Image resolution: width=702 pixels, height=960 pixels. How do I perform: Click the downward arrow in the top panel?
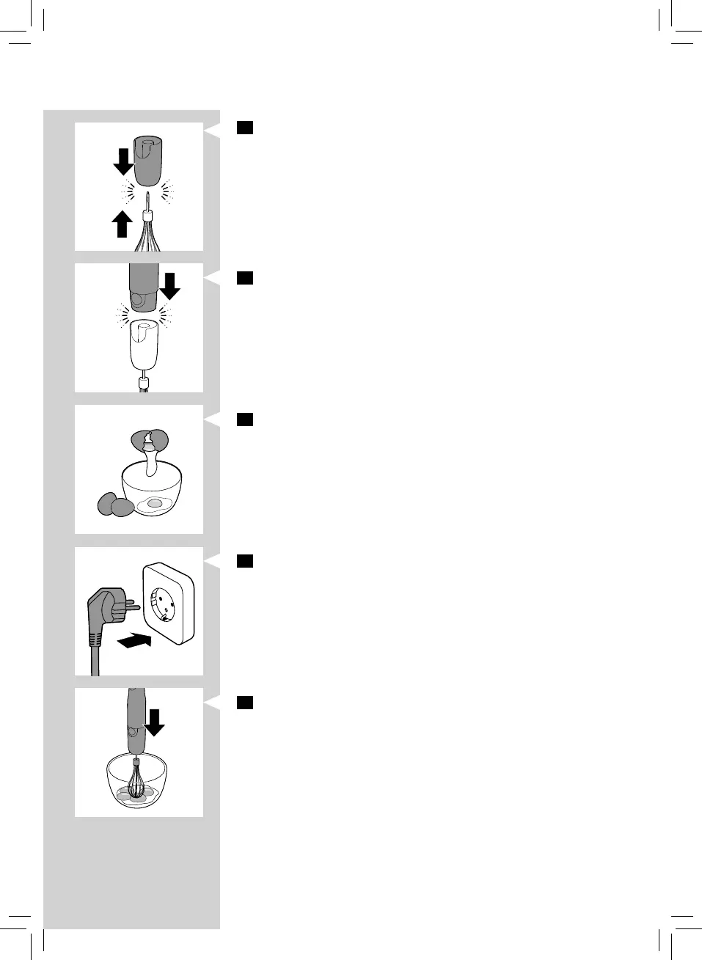click(x=123, y=161)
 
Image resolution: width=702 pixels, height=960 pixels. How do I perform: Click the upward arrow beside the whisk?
click(x=123, y=224)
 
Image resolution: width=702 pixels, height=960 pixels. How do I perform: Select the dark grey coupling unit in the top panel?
click(x=148, y=160)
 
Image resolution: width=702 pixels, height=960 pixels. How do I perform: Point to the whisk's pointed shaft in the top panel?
click(x=148, y=201)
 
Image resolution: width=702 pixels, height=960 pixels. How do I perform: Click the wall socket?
click(x=169, y=604)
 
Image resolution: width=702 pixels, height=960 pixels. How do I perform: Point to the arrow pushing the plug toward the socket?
click(x=134, y=641)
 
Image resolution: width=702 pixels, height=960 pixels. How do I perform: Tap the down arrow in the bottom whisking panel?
click(x=154, y=722)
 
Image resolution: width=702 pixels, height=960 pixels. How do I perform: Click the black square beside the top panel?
click(x=245, y=128)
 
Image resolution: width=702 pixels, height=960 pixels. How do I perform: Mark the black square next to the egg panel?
click(x=245, y=419)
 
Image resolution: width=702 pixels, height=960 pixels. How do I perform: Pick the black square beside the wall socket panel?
click(x=245, y=561)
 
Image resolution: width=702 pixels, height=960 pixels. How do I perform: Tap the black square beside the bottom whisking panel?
click(x=245, y=703)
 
